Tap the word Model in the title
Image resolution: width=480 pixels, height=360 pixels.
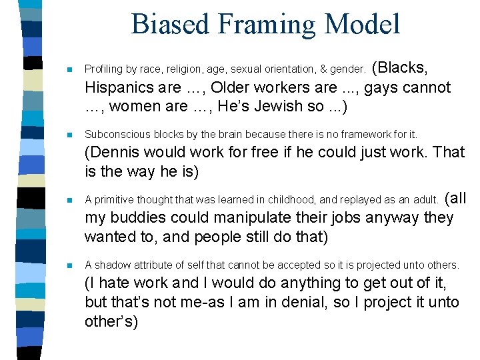pos(367,24)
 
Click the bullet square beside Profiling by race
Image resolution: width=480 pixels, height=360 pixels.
pos(69,69)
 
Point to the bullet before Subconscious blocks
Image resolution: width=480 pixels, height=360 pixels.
pos(69,134)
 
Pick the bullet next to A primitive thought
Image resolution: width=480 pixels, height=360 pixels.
pos(69,199)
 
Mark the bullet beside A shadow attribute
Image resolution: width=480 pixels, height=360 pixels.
pos(69,265)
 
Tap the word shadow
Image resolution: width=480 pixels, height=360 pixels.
pos(109,265)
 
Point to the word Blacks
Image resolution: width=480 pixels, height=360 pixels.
pos(403,67)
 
